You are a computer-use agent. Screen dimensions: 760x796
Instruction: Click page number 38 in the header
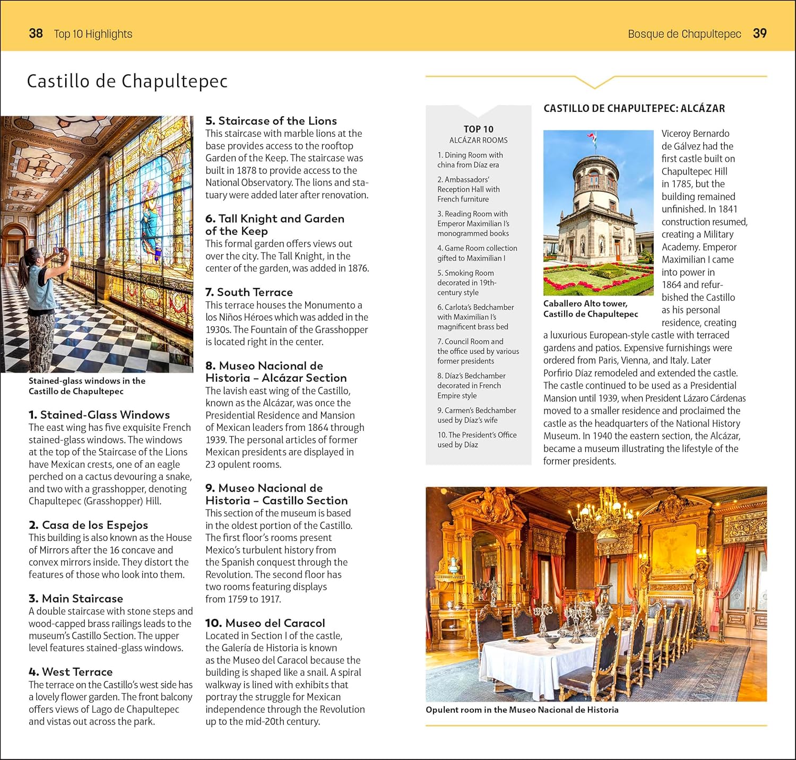coord(36,33)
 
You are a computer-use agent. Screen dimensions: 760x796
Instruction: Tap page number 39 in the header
coord(759,33)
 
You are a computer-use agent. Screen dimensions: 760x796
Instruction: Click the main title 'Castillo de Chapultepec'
coord(127,81)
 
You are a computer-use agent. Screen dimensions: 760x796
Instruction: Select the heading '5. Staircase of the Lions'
coord(271,121)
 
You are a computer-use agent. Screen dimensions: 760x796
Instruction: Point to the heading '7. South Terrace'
coord(249,292)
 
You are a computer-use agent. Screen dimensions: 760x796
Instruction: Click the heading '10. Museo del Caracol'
coord(265,623)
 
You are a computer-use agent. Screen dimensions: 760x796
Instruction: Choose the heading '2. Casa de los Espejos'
coord(88,525)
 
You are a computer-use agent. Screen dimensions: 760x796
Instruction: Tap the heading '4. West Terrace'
coord(71,672)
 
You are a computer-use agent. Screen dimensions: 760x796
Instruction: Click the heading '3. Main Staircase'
coord(76,599)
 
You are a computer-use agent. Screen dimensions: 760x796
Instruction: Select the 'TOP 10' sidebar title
coord(478,129)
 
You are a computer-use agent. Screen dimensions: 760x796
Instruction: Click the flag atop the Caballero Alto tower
coord(593,139)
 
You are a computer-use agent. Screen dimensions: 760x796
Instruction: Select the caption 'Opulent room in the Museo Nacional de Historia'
coord(522,710)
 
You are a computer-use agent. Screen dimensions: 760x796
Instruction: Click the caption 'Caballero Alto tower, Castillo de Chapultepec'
coord(590,309)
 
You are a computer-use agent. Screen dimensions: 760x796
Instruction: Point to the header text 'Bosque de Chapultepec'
coord(684,34)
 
